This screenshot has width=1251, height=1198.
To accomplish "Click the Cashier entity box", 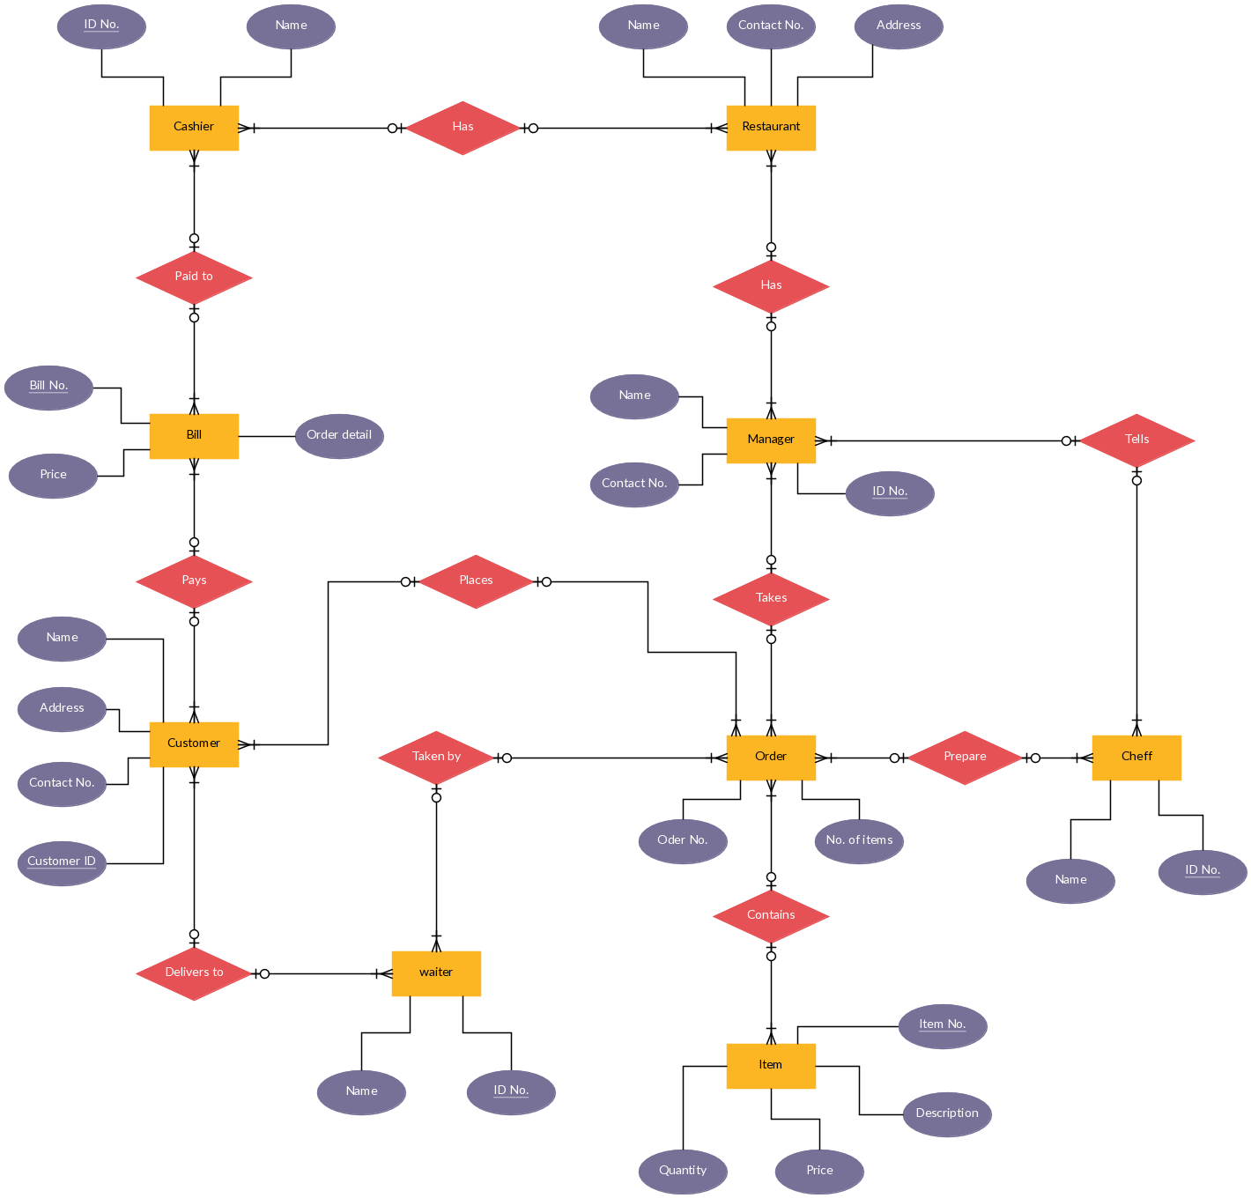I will pos(194,128).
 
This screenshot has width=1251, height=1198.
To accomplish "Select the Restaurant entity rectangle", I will pos(771,128).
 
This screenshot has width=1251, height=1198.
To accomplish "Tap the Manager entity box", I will pos(771,440).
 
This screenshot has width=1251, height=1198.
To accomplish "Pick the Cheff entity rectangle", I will pos(1136,758).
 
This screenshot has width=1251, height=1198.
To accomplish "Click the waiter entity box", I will pos(436,973).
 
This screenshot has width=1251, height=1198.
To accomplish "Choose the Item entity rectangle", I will pos(771,1066).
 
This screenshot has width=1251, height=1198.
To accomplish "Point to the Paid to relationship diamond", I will pos(194,277).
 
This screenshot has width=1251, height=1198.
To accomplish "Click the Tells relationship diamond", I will pos(1136,440).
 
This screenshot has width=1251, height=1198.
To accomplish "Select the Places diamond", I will pos(476,581).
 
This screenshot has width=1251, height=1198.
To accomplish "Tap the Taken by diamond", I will pos(436,758).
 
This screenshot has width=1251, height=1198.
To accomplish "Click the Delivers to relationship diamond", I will pos(194,973).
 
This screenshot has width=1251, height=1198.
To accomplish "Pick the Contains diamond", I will pos(771,916).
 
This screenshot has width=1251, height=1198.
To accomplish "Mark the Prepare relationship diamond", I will pos(965,758).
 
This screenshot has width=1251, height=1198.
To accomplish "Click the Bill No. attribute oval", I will pos(48,388).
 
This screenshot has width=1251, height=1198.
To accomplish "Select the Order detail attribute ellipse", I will pos(339,436).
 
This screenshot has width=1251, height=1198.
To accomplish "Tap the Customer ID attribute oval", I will pos(62,863).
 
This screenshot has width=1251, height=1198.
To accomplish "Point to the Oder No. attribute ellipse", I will pos(683,841).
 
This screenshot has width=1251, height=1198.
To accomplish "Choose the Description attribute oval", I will pos(947,1114).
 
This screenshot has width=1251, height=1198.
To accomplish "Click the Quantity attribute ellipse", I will pos(683,1172).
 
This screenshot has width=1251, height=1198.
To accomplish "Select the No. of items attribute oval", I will pos(859,841).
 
